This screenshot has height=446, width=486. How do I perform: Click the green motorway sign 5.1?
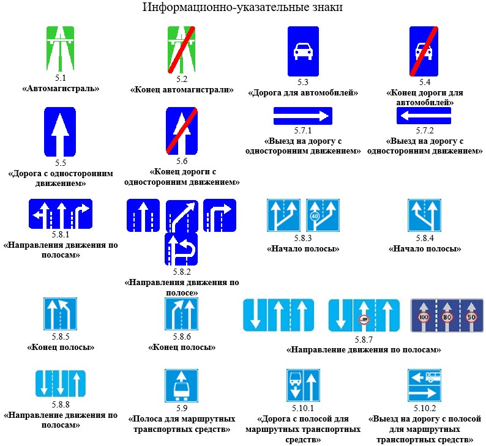[x=60, y=48]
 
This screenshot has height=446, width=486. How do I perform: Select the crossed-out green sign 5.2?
[x=182, y=48]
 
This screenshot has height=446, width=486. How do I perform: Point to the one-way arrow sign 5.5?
[x=59, y=132]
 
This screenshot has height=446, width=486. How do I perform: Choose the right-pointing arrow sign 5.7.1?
[x=302, y=115]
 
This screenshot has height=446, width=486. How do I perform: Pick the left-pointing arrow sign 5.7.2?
[x=424, y=115]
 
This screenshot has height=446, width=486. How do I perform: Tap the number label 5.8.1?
[x=60, y=234]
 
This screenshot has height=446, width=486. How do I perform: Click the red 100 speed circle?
[x=422, y=318]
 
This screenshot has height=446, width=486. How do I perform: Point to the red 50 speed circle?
[x=471, y=318]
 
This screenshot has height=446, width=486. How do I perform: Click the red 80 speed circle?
[x=447, y=318]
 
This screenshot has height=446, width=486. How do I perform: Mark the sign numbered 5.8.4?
[x=425, y=215]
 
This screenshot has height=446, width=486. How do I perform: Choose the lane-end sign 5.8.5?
[x=60, y=314]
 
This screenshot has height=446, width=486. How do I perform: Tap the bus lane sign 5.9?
[x=181, y=385]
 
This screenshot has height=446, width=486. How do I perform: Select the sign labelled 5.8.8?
[x=60, y=384]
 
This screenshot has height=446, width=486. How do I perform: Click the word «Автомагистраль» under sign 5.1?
[x=60, y=89]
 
